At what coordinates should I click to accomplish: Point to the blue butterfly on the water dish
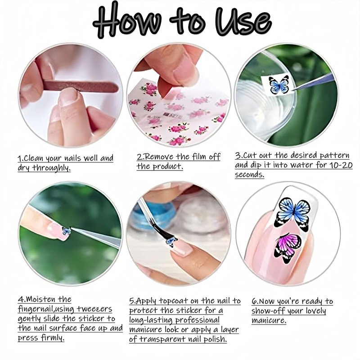(x=279, y=85)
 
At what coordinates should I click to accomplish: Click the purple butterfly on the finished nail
(x=288, y=248)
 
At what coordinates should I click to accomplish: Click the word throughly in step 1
(x=51, y=168)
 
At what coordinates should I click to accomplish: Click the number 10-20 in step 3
(x=341, y=165)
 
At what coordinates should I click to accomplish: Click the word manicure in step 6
(x=269, y=320)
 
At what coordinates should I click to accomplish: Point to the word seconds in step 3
(x=250, y=175)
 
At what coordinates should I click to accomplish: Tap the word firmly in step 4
(x=53, y=338)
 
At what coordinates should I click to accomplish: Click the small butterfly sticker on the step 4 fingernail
(x=66, y=230)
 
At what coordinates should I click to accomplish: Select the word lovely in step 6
(x=314, y=311)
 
